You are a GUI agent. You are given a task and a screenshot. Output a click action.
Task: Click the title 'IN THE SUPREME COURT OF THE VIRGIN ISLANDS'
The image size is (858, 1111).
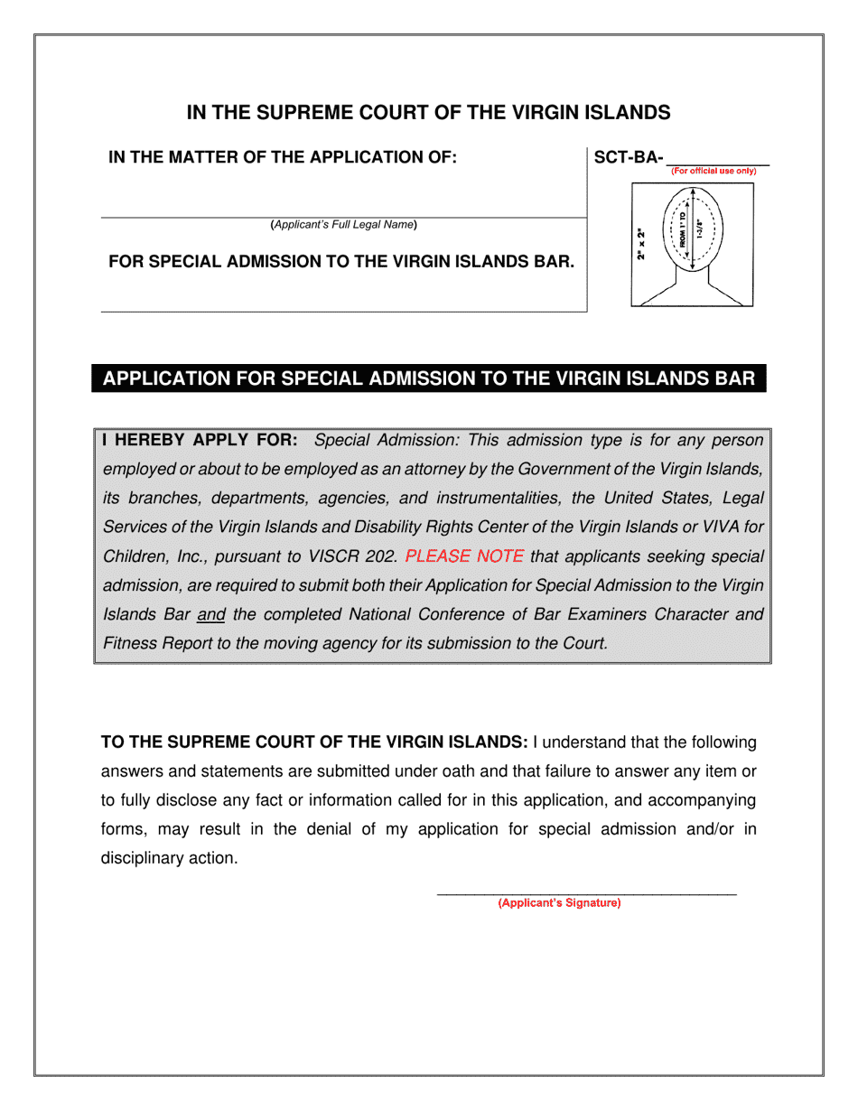(428, 113)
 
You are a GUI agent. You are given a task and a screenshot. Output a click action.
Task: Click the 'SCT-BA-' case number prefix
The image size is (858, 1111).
(629, 158)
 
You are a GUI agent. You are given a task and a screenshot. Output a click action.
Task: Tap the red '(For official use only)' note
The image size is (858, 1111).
(713, 171)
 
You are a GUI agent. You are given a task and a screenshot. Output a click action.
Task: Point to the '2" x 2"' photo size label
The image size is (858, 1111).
(640, 245)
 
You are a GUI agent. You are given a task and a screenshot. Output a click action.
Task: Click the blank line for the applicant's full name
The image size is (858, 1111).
(343, 216)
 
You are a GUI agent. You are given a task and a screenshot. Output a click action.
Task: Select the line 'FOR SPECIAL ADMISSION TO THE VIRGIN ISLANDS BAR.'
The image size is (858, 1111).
(341, 262)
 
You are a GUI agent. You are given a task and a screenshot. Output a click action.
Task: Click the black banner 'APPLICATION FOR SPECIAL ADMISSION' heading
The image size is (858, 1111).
(428, 378)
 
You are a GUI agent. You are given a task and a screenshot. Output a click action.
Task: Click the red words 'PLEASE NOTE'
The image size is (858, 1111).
(464, 556)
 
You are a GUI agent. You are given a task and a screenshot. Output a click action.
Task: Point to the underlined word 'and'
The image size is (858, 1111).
(210, 615)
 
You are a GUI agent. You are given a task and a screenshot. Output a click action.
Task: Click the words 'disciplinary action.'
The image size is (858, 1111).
(169, 858)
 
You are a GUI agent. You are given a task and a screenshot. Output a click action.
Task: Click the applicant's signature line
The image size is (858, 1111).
(586, 893)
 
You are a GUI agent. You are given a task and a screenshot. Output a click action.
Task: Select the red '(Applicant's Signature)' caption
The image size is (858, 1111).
(560, 903)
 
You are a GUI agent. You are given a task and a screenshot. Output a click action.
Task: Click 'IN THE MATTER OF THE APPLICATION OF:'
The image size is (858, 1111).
(283, 158)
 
